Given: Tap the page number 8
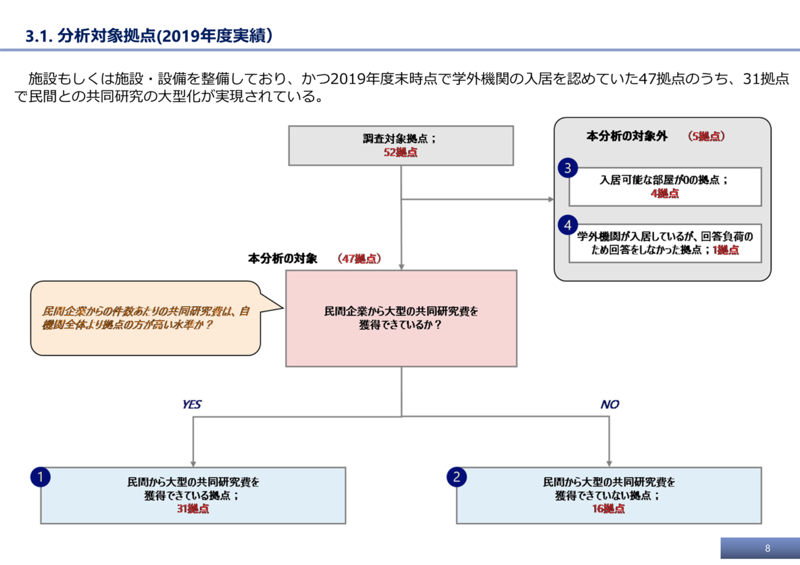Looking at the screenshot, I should coord(767,548).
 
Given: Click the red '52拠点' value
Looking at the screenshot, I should coord(401,152).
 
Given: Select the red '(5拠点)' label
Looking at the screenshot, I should coord(706,136).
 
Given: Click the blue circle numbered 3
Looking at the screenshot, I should coord(568,168).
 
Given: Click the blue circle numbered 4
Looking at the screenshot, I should coord(568,225).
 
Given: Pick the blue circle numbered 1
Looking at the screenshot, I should coord(41,477).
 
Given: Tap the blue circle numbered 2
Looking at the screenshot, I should coord(457,477).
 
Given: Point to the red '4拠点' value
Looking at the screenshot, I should coord(665,194).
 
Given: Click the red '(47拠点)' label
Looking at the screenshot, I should coord(359,259).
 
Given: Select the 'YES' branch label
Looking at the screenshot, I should coord(192,404).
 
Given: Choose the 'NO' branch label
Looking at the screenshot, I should coord(609,404).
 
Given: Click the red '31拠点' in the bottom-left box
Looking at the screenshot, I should coord(193,509).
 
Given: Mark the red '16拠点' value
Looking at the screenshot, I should coord(608,509).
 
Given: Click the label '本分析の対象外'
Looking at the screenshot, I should coord(627,136).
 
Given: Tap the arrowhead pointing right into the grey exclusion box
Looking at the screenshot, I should coord(551,199).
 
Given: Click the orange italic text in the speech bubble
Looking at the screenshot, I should coord(146,318).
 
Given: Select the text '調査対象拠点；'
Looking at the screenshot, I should coord(400,139).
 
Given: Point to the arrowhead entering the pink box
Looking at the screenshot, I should coord(402,267).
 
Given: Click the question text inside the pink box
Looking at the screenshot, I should coord(401,318).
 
